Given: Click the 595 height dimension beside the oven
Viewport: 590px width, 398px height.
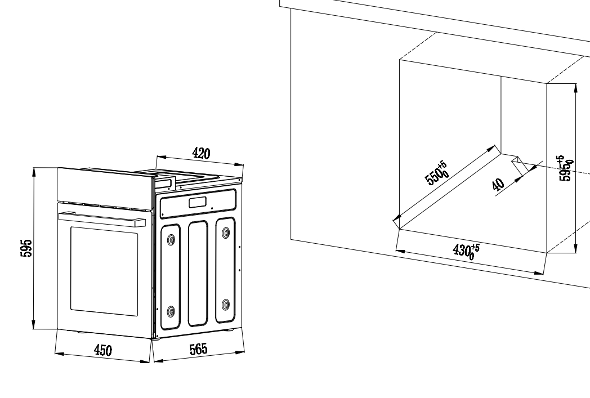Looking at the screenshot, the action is [26, 248].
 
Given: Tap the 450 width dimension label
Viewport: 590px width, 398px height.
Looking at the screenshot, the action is [102, 351].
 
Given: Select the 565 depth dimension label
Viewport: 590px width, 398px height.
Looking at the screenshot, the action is [198, 349].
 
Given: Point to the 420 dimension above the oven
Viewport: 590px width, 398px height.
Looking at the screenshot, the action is [201, 154].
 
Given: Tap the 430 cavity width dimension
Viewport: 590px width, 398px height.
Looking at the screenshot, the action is [466, 251].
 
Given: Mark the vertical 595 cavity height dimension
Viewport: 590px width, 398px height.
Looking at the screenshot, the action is [566, 168].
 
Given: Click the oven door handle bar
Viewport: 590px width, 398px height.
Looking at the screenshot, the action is [101, 218].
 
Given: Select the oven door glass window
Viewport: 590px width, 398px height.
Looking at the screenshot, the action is [104, 271].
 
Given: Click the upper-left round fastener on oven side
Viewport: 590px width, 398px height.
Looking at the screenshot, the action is [171, 239].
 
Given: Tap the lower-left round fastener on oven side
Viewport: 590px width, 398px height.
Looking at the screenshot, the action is [171, 311].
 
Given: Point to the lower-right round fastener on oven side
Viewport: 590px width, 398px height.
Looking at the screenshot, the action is [226, 305].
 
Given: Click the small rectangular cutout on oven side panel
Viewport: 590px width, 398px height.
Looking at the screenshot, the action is [198, 203].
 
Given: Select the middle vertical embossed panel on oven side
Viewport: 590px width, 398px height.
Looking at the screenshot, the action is [198, 274].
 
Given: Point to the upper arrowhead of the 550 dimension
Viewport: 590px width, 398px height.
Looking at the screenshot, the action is [492, 149].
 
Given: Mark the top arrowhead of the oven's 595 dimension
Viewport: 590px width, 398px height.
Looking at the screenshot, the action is [34, 173].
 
